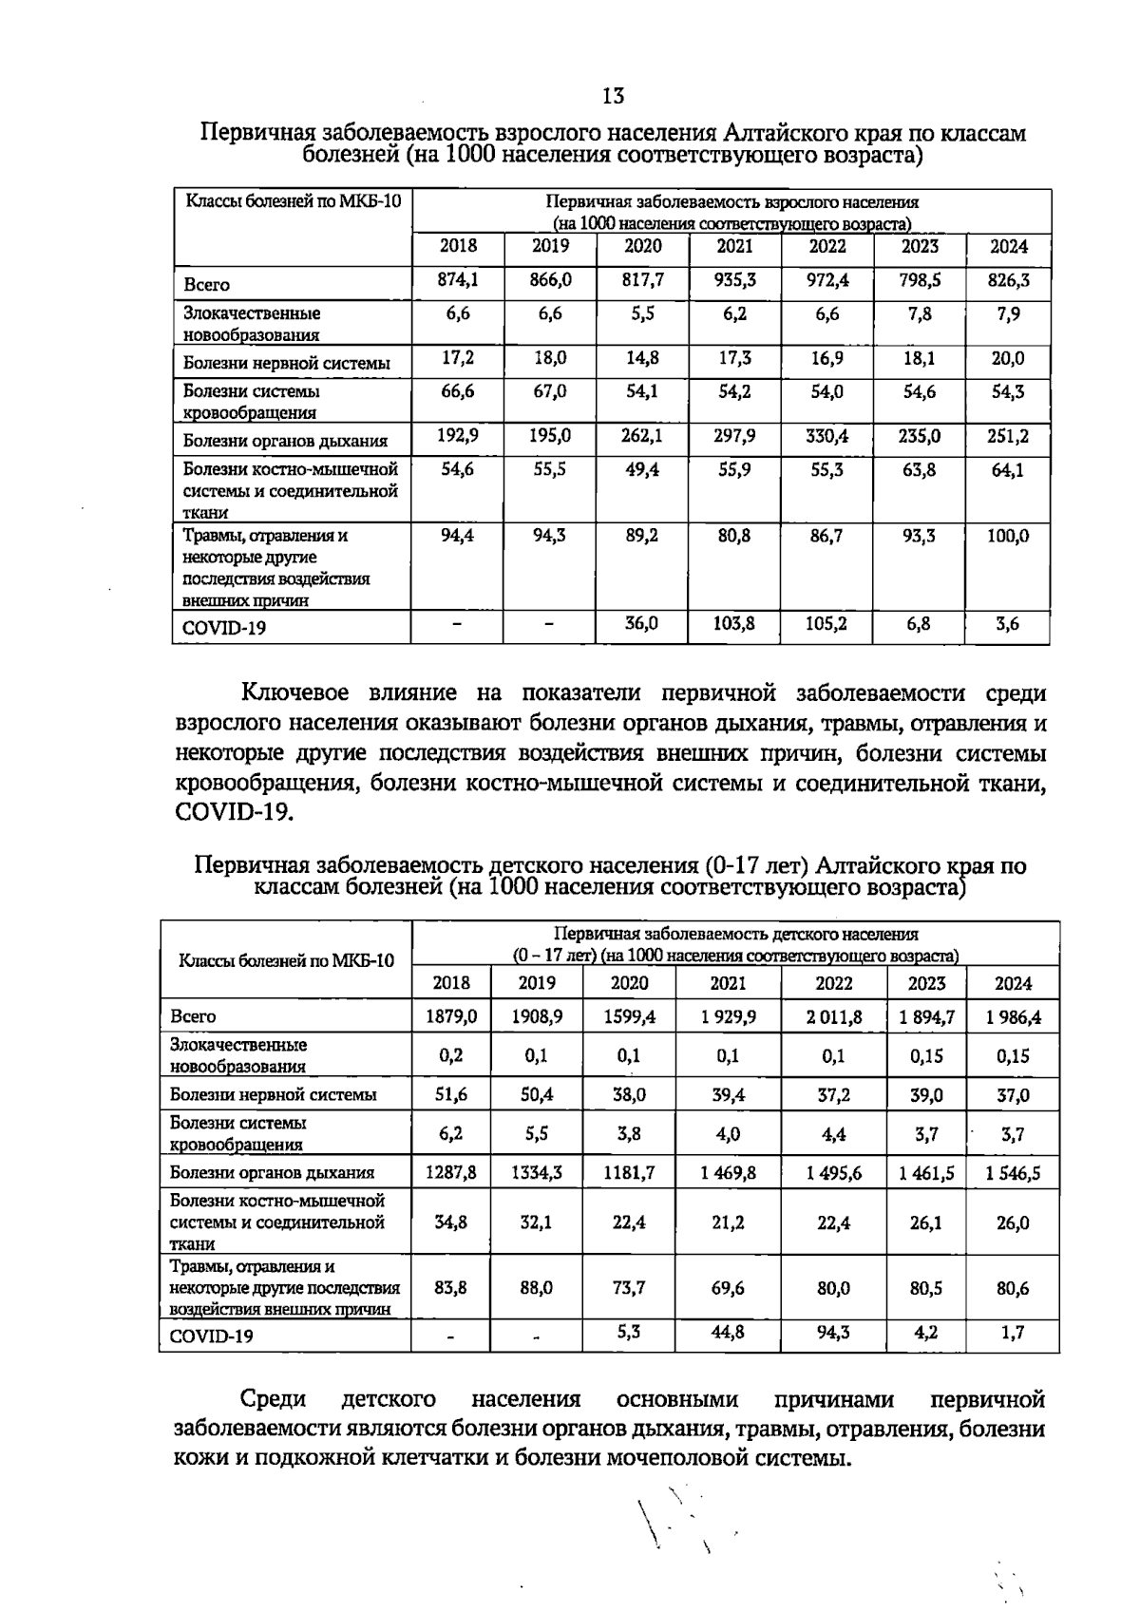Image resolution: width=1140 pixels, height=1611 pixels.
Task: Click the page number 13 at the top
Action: tap(613, 95)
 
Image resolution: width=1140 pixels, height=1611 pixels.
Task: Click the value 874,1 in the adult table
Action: tap(458, 281)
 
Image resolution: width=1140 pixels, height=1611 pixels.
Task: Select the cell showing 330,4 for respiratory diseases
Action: tap(826, 437)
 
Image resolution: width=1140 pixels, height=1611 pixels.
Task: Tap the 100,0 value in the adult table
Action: tap(1008, 536)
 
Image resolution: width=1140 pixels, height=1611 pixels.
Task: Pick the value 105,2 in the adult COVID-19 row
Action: tap(826, 624)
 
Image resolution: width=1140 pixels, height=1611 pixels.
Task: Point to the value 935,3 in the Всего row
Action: tap(734, 281)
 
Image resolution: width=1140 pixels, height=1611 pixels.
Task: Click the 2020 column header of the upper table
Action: tap(643, 246)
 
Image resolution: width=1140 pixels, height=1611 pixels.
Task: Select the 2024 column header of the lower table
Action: tap(1013, 983)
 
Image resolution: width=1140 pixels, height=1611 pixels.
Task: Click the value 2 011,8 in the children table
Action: tap(834, 1017)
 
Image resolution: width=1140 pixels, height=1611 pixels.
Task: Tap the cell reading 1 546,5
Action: tap(1013, 1173)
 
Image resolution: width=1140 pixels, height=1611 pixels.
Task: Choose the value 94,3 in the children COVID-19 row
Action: tap(834, 1333)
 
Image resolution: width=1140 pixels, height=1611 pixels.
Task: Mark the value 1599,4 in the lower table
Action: tap(630, 1017)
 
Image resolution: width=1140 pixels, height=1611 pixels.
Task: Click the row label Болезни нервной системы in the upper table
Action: tap(286, 363)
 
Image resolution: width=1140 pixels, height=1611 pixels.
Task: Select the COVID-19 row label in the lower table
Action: tap(212, 1336)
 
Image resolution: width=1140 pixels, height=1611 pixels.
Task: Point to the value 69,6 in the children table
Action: tap(729, 1288)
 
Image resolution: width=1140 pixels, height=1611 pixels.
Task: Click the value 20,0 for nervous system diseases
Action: tap(1008, 359)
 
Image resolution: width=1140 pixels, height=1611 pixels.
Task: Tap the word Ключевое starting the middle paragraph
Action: tap(295, 692)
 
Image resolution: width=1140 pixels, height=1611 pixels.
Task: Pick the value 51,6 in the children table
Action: tap(451, 1095)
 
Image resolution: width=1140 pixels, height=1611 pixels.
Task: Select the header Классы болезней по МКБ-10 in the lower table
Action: tap(286, 959)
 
